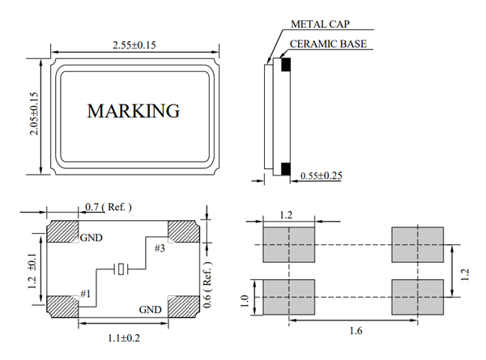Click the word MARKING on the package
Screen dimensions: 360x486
click(133, 111)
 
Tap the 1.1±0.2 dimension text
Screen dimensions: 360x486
click(123, 338)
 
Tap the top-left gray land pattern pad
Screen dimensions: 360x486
click(288, 244)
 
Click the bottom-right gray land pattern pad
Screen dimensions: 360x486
click(418, 297)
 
